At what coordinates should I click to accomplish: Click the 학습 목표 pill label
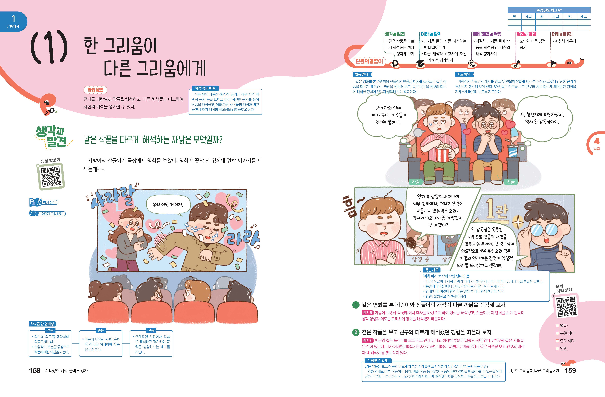tap(95, 90)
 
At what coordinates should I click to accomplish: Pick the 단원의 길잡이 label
tap(369, 61)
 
